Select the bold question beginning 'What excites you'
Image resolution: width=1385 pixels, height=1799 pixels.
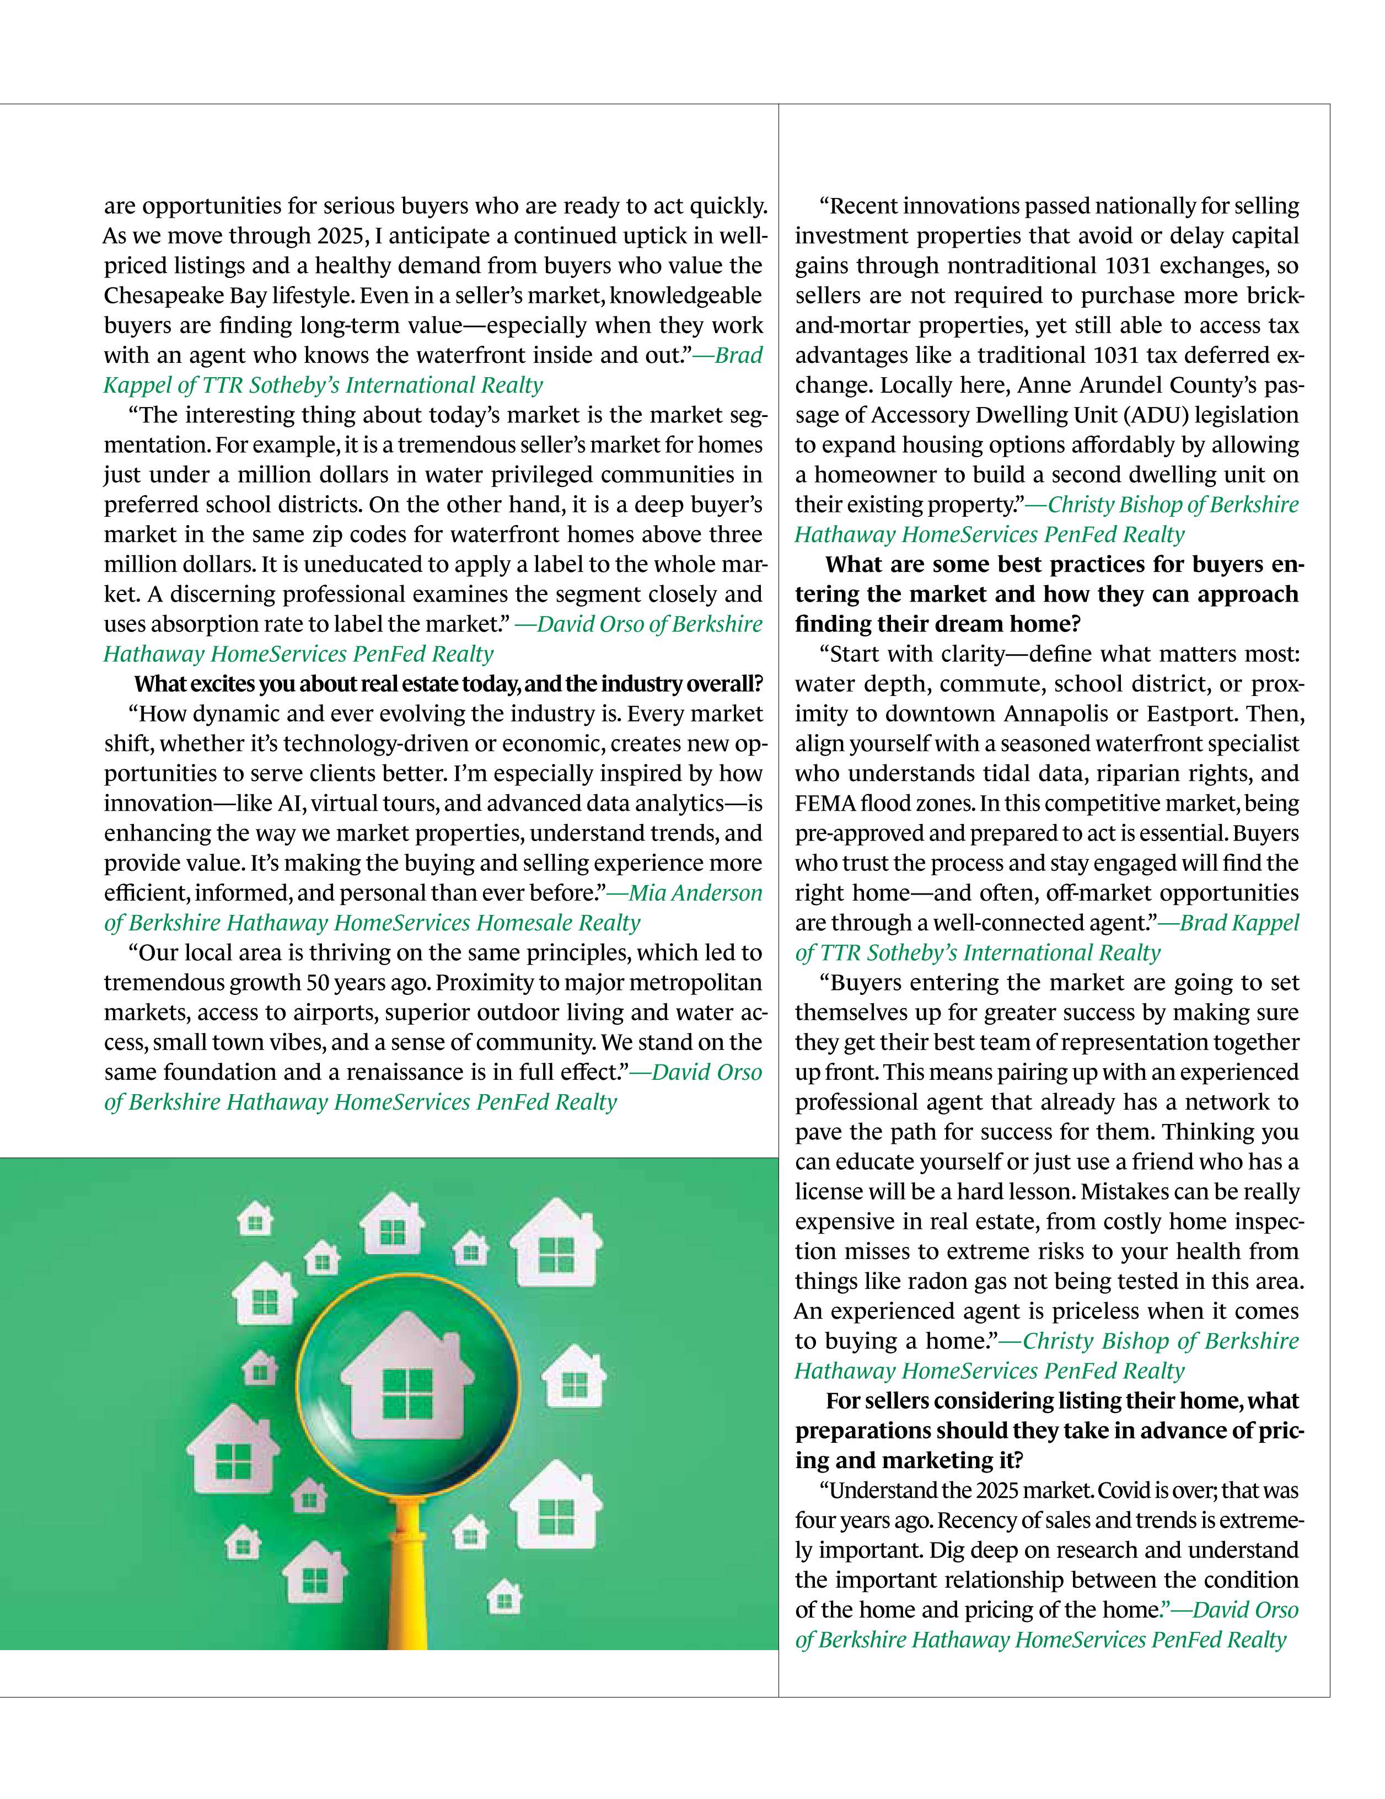click(x=449, y=684)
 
